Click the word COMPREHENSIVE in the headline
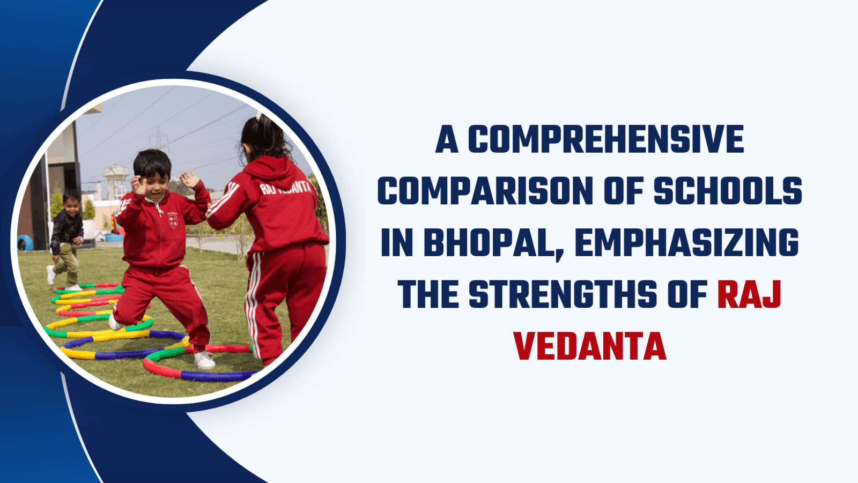[x=606, y=139]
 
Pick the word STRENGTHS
[x=563, y=294]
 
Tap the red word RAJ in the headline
[x=749, y=294]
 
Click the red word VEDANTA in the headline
[x=590, y=346]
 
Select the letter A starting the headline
[x=447, y=139]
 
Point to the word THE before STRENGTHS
[x=428, y=294]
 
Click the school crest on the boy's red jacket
[x=173, y=220]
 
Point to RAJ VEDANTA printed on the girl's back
[x=285, y=187]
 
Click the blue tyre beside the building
[x=25, y=243]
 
